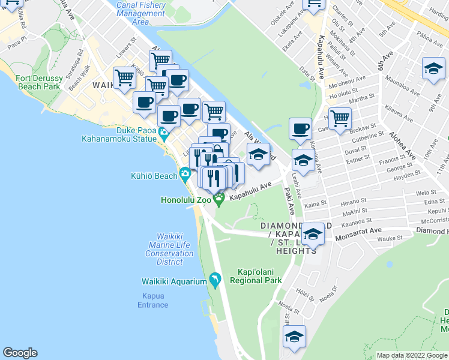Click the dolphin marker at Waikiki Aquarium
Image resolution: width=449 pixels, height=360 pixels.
click(x=215, y=280)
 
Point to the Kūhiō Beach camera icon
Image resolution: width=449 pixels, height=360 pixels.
click(x=186, y=175)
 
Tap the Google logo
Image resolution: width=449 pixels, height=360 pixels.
click(x=20, y=353)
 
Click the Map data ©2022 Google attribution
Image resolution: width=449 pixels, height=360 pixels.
click(x=412, y=355)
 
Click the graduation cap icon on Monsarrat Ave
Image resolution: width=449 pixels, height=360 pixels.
click(x=312, y=235)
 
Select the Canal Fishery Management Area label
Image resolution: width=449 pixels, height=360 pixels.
click(x=140, y=13)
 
